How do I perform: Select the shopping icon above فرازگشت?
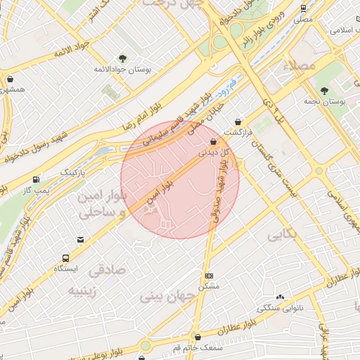pyautogui.click(x=238, y=121)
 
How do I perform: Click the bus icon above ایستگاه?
pyautogui.click(x=65, y=258)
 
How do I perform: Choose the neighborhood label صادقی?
pyautogui.click(x=107, y=269)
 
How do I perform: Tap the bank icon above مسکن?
pyautogui.click(x=209, y=276)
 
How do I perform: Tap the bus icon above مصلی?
pyautogui.click(x=303, y=9)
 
